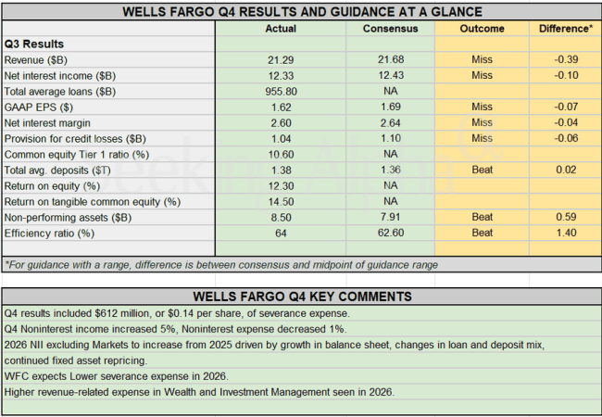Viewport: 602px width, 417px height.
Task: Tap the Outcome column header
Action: [x=482, y=29]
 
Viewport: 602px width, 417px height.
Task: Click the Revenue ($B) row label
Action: [x=34, y=60]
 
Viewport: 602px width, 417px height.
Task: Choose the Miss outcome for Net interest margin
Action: [x=482, y=123]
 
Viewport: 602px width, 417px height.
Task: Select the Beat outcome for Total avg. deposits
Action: [x=482, y=171]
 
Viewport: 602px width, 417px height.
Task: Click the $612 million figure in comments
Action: [x=136, y=312]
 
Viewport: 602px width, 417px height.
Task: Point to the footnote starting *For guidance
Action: [x=220, y=265]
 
